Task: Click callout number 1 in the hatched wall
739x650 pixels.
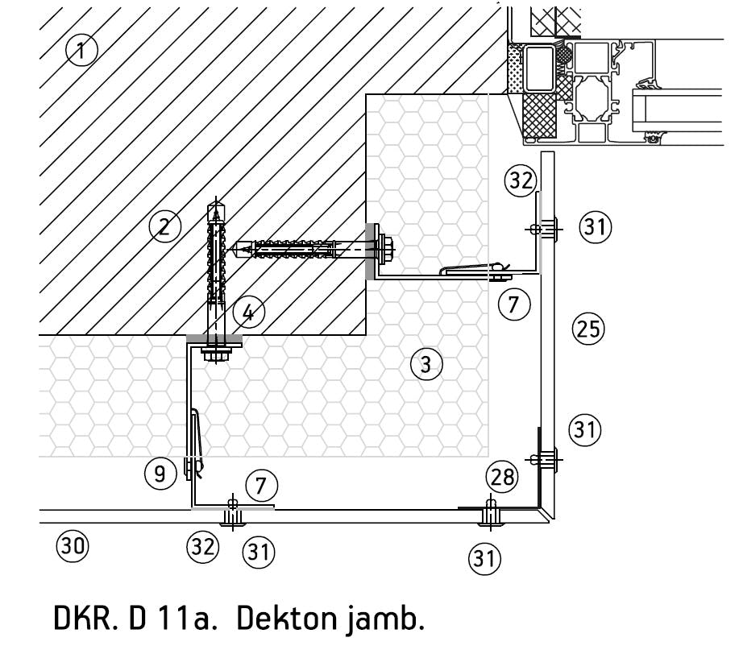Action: (81, 51)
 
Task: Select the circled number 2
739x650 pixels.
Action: (164, 226)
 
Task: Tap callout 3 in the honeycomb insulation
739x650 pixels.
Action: (426, 364)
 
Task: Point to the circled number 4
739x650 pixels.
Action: (248, 312)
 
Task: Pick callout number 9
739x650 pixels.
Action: (160, 474)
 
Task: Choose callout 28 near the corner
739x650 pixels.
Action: (503, 477)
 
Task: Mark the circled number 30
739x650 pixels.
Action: (72, 547)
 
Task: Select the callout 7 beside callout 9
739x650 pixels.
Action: (261, 486)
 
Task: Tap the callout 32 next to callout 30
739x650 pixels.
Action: (202, 547)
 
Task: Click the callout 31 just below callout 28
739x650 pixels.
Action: (484, 557)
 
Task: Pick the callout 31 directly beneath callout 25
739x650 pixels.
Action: (585, 429)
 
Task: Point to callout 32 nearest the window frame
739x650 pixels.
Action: (521, 180)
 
